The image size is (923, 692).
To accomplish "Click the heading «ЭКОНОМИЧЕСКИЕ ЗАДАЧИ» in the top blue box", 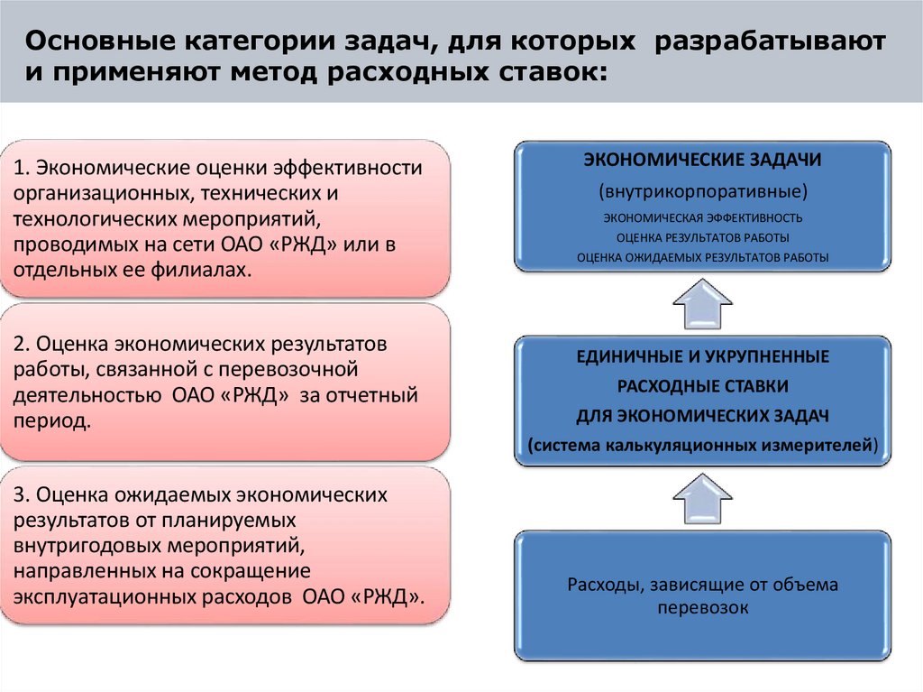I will pos(701,160).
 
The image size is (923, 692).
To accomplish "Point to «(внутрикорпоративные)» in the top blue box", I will pos(702,191).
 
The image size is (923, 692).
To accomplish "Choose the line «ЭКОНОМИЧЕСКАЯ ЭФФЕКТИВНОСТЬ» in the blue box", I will pos(702,217).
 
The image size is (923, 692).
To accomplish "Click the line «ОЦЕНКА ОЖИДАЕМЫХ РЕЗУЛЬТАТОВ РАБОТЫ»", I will pos(702,257).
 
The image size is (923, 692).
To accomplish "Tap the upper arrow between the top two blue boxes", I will pos(701,302).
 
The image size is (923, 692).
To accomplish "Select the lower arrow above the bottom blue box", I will pos(701,499).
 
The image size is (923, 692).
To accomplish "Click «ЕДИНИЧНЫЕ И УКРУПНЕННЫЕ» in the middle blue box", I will pos(702,356).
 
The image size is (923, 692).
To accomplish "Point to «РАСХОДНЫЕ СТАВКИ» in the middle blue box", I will pos(702,386).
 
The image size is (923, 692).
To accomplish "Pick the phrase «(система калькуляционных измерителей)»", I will pos(702,445).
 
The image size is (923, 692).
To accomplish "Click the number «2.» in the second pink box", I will pos(23,346).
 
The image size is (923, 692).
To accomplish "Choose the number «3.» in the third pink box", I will pos(23,495).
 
